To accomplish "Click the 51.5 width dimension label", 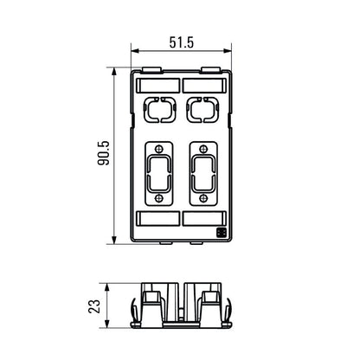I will (x=181, y=42).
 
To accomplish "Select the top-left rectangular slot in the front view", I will (x=158, y=85).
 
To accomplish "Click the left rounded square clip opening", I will (x=158, y=112).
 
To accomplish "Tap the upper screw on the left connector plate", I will (x=158, y=148).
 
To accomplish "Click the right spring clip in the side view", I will (x=230, y=310).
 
